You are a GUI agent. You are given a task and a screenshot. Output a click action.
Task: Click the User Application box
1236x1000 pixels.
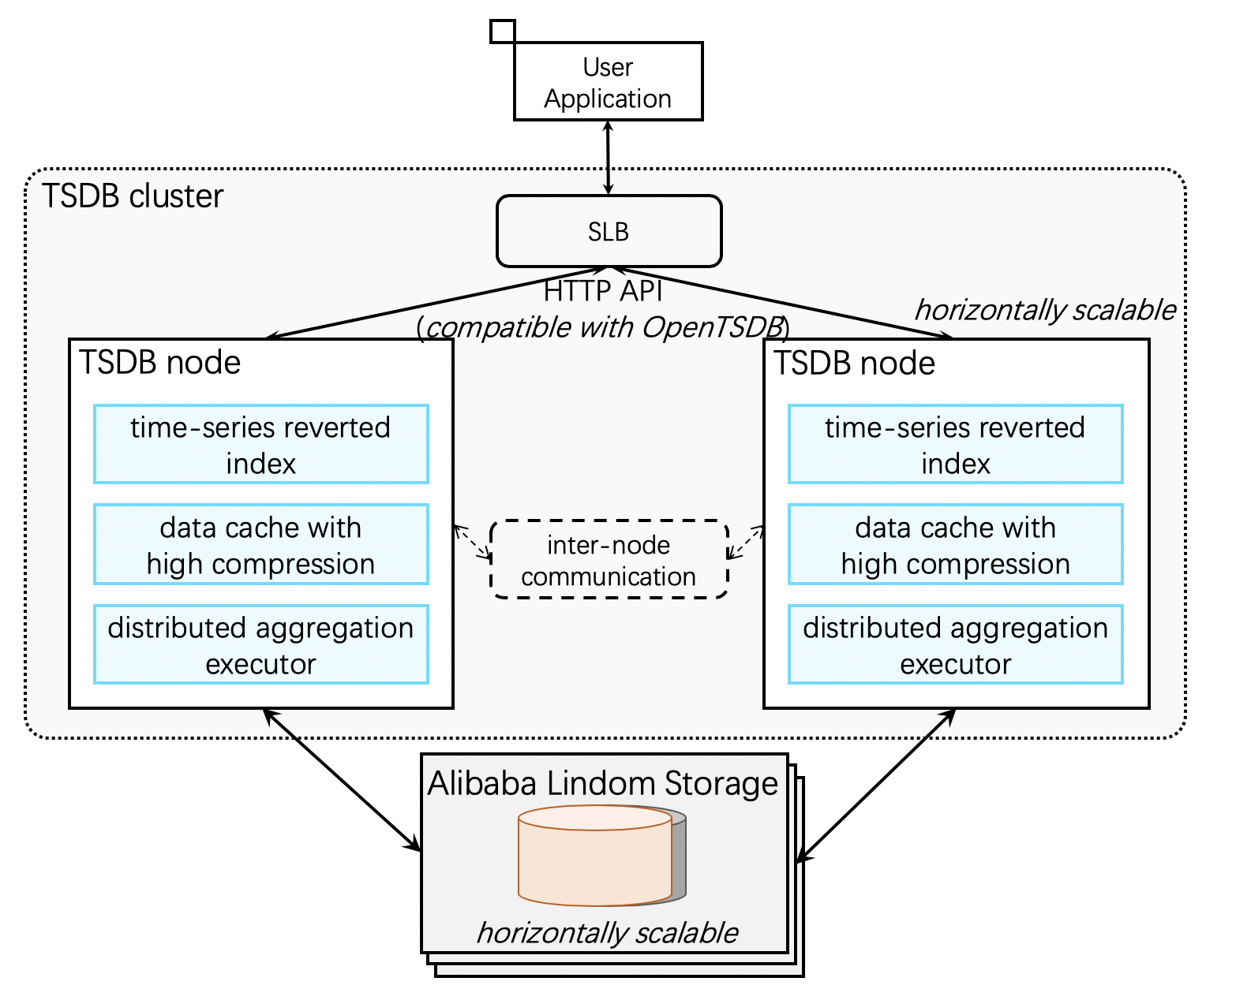point(608,82)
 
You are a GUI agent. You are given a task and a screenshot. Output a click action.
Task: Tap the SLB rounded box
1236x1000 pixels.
point(609,231)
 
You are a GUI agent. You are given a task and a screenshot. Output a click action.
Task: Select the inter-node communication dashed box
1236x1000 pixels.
point(609,560)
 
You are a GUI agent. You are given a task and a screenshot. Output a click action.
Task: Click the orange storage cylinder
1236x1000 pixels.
point(594,856)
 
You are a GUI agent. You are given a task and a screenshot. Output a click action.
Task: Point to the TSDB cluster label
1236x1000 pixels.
point(133,196)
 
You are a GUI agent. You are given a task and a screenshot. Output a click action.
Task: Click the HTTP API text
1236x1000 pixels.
point(603,292)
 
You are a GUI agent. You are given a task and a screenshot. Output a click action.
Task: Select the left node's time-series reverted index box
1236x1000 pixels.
point(260,444)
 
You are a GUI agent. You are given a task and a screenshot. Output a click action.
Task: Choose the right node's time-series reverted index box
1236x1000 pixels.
point(955,444)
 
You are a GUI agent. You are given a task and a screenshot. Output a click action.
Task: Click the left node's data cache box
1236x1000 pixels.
point(260,544)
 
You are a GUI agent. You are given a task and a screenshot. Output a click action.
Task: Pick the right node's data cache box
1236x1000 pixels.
point(955,544)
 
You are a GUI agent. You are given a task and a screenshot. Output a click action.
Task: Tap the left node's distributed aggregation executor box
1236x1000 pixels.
point(260,644)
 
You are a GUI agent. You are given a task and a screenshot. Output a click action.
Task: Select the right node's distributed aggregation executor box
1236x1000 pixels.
point(955,644)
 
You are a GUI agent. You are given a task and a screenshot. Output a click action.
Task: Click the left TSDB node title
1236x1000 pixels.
point(160,363)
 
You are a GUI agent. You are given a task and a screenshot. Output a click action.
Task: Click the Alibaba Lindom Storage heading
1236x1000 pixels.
point(603,783)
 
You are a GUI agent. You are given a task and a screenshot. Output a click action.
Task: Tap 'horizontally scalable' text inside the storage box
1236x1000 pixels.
point(606,932)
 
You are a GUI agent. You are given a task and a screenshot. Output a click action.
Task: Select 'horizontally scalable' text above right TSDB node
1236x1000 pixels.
point(1044,310)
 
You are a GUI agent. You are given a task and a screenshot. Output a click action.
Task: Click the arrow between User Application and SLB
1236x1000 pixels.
point(607,157)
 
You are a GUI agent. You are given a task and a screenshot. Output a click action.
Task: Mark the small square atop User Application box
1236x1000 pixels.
point(502,31)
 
